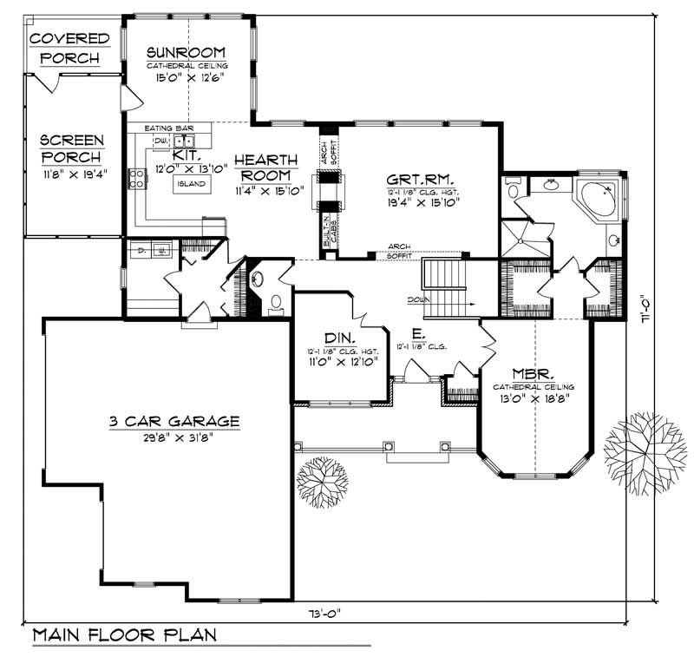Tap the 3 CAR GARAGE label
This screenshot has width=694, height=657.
(x=174, y=422)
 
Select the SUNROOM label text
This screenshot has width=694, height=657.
(x=187, y=51)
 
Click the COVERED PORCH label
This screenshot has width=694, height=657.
(x=69, y=49)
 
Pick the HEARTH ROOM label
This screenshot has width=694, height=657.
(x=265, y=168)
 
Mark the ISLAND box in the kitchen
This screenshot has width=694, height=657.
(x=191, y=184)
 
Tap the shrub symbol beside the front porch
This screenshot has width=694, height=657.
(x=323, y=481)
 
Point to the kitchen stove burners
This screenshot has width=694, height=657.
(x=137, y=179)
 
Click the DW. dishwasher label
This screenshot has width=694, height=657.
(x=160, y=140)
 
